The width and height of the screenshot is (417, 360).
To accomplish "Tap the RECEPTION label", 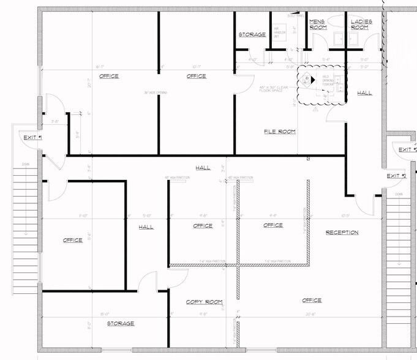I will tap(342, 233).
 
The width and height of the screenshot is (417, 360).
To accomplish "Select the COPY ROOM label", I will tap(205, 302).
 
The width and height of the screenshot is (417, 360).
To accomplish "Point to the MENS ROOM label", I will tap(317, 24).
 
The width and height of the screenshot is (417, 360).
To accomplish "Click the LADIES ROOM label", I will tap(359, 24).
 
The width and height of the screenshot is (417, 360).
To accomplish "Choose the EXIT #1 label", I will tap(32, 138).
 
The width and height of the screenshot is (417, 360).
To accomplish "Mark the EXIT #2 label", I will tap(396, 176).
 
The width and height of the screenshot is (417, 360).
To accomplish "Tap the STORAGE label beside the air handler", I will tap(252, 35).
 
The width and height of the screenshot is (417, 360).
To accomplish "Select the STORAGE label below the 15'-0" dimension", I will tap(121, 323).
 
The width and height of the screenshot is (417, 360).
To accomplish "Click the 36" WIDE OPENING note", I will tap(156, 93).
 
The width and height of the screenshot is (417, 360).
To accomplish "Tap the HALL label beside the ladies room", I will tap(364, 93).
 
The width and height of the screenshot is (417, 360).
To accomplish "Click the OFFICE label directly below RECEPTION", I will tap(312, 300).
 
